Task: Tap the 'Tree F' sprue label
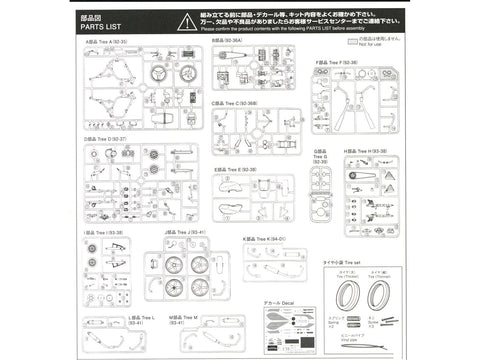coord(338,62)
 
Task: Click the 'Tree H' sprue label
coord(366,151)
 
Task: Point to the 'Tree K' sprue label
coord(264,239)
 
